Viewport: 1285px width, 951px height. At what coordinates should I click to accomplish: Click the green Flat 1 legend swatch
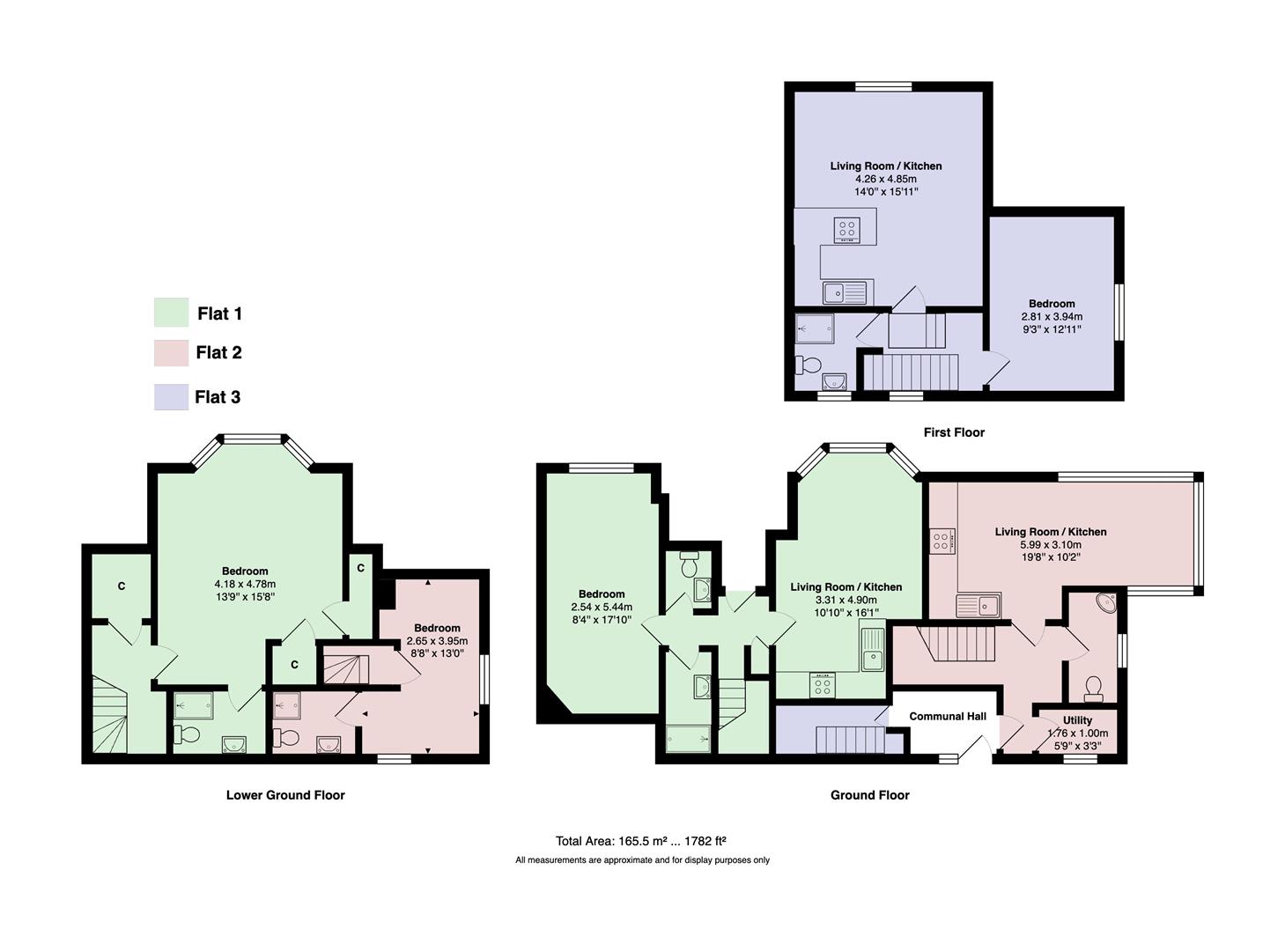[171, 313]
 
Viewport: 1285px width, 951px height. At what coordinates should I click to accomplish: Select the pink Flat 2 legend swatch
[171, 353]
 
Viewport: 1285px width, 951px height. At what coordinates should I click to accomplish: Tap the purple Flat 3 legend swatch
[171, 396]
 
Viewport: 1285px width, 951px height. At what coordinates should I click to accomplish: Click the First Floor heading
[954, 432]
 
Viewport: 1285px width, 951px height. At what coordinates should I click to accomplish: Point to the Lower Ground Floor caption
[285, 795]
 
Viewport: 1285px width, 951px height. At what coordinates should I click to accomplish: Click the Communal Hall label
[948, 717]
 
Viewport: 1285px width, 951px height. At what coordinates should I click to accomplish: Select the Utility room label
[1077, 720]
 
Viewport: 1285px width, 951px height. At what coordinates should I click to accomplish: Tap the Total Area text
[640, 841]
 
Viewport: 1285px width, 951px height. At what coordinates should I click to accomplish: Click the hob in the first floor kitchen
[847, 230]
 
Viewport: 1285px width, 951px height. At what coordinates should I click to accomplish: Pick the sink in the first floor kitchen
[845, 291]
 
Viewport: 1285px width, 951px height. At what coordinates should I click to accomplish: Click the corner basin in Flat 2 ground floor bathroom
[1104, 604]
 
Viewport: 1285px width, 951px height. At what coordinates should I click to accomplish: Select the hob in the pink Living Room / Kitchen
[942, 541]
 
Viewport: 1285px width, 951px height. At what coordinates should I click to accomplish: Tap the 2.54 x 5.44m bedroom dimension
[602, 607]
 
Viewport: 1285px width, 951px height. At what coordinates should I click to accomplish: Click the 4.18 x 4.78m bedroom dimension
[245, 584]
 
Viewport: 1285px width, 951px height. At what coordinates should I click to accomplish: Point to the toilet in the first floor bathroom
[808, 364]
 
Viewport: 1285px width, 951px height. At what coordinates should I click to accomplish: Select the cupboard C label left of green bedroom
[122, 586]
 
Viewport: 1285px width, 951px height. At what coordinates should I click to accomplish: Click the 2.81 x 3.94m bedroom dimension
[1052, 317]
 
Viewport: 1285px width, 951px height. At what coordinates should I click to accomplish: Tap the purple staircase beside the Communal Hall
[845, 740]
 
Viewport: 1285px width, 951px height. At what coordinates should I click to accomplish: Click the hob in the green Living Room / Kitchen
[822, 684]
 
